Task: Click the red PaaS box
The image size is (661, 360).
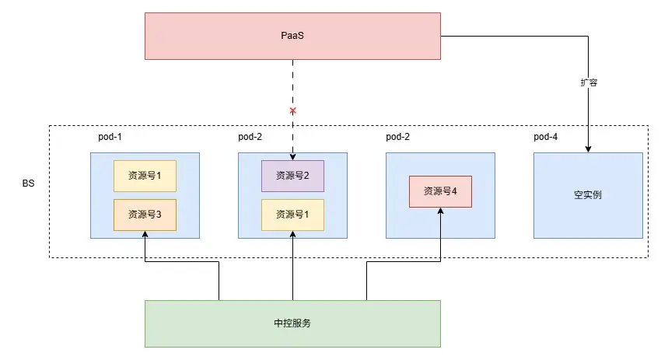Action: click(292, 36)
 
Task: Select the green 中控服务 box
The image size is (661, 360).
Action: click(292, 323)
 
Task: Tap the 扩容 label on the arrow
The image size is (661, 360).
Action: click(588, 82)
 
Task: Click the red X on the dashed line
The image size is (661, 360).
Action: click(292, 111)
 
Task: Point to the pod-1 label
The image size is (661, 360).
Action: click(110, 137)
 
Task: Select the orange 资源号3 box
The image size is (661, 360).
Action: click(145, 215)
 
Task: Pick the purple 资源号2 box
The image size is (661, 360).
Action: click(292, 176)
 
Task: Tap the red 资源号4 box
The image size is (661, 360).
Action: click(440, 191)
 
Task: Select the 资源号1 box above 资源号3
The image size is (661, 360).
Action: click(145, 176)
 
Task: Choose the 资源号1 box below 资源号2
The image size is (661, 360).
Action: click(292, 215)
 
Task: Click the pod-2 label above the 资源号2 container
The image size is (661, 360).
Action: click(250, 137)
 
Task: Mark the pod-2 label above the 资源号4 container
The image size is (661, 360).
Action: click(397, 137)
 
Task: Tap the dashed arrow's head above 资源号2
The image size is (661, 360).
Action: click(292, 156)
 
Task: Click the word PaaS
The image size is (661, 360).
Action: click(292, 36)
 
